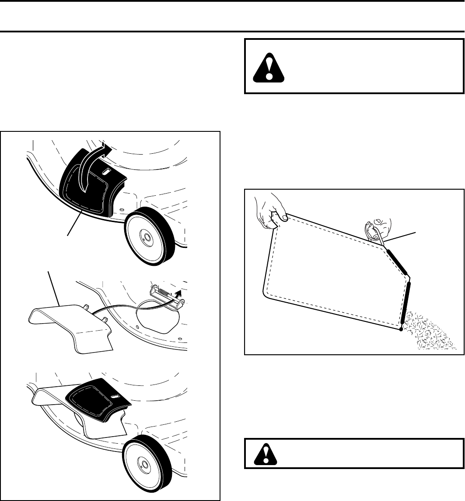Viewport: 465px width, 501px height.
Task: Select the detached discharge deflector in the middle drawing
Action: click(70, 324)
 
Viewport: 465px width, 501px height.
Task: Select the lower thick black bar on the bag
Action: click(406, 302)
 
